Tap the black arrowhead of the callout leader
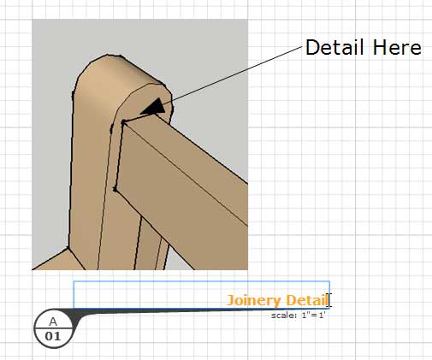pyautogui.click(x=154, y=107)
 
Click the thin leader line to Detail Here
pyautogui.click(x=233, y=74)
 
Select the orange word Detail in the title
pyautogui.click(x=307, y=300)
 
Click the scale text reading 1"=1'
pyautogui.click(x=313, y=316)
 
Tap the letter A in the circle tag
pyautogui.click(x=53, y=322)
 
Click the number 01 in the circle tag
pyautogui.click(x=53, y=336)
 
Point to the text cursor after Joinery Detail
pyautogui.click(x=329, y=300)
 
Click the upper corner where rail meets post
pyautogui.click(x=123, y=122)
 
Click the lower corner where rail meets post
pyautogui.click(x=115, y=189)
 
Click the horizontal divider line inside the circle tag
pyautogui.click(x=53, y=328)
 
